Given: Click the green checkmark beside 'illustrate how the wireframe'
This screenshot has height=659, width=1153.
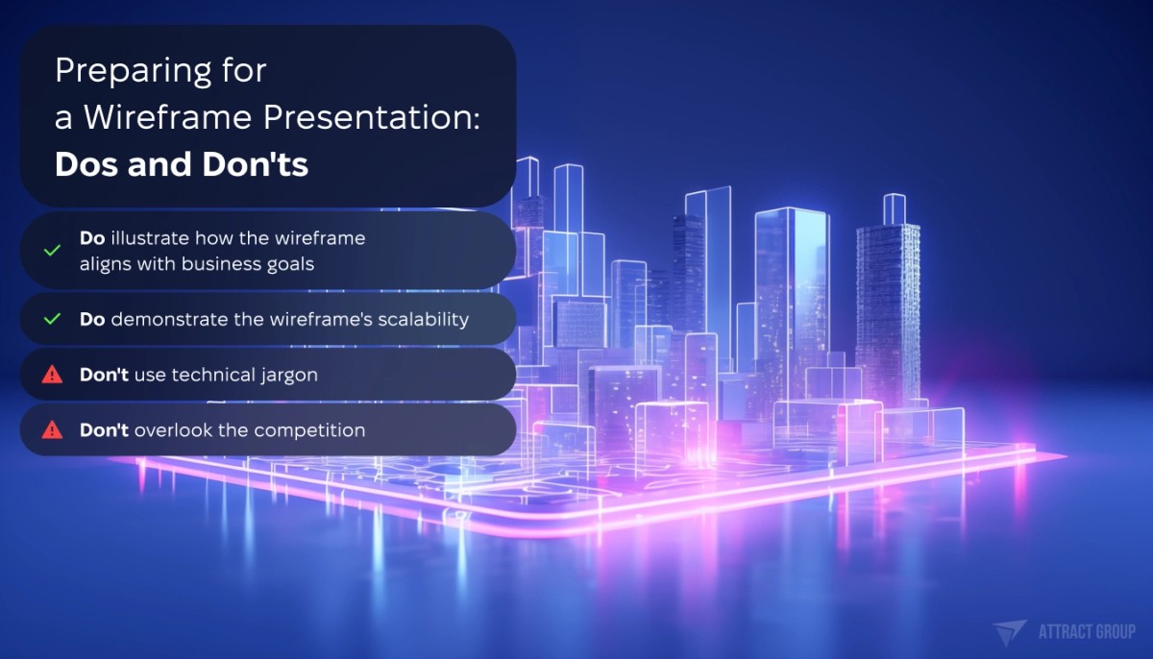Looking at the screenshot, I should coord(53,250).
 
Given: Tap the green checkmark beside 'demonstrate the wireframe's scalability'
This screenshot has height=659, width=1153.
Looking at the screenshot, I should coord(53,319).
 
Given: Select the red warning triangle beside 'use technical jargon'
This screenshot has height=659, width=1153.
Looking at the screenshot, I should coord(53,375).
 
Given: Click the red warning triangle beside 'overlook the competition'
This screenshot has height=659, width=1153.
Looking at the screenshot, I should coord(53,429).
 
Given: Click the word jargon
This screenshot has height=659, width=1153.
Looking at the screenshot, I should coord(286,375).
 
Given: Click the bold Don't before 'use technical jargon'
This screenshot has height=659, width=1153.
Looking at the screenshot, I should coord(104,375).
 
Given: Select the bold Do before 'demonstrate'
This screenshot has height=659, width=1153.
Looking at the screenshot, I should coord(92,319).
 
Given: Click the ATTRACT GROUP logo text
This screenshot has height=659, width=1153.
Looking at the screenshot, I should coord(1086,631).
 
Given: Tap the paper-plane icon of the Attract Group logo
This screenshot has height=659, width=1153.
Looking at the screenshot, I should coord(1010,632).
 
